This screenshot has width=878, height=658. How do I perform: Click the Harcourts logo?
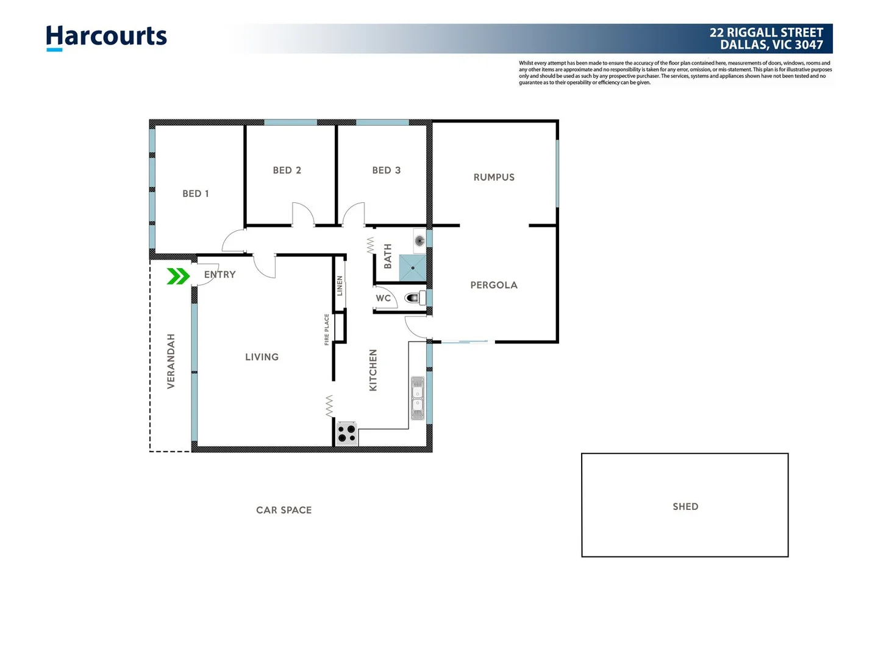pyautogui.click(x=106, y=37)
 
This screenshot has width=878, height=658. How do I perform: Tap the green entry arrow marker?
pyautogui.click(x=177, y=277)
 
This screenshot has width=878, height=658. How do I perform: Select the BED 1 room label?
pyautogui.click(x=196, y=194)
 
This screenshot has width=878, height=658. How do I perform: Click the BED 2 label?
pyautogui.click(x=287, y=171)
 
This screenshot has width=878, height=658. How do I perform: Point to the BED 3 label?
pyautogui.click(x=387, y=171)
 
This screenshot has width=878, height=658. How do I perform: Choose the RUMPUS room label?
pyautogui.click(x=494, y=177)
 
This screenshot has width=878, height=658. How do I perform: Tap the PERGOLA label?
pyautogui.click(x=494, y=285)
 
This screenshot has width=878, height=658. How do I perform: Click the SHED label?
pyautogui.click(x=685, y=507)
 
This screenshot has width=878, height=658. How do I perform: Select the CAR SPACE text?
pyautogui.click(x=284, y=511)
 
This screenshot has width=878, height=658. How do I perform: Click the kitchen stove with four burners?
pyautogui.click(x=347, y=433)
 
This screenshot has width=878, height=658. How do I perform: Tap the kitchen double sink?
pyautogui.click(x=418, y=398)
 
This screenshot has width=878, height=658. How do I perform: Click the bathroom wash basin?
pyautogui.click(x=419, y=240)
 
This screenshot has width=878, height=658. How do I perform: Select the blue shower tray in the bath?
pyautogui.click(x=413, y=268)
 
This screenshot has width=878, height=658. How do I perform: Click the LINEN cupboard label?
pyautogui.click(x=340, y=286)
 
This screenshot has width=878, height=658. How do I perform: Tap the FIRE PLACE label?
pyautogui.click(x=327, y=330)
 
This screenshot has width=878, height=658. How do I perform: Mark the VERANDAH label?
pyautogui.click(x=171, y=361)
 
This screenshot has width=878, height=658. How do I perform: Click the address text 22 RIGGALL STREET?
pyautogui.click(x=766, y=33)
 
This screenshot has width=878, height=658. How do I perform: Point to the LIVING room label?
pyautogui.click(x=262, y=357)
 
